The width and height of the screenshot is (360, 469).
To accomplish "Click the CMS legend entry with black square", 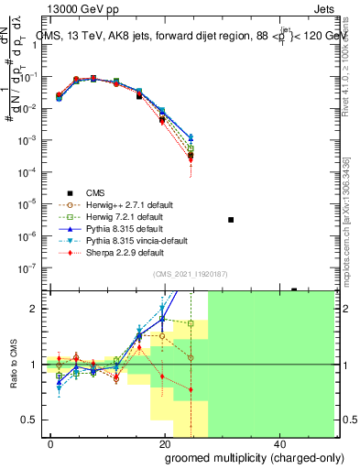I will [96, 192].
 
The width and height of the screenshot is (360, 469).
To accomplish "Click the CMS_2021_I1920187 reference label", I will [196, 274].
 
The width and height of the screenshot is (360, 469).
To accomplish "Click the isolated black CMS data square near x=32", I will [231, 220].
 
